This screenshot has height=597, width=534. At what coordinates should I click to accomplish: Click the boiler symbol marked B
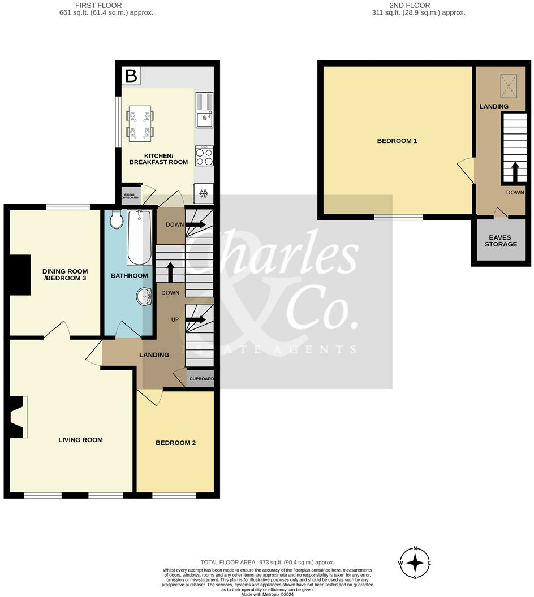tap(131, 76)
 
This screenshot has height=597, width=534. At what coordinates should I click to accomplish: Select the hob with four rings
tap(204, 156)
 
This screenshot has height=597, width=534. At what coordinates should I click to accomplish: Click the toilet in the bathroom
tap(117, 220)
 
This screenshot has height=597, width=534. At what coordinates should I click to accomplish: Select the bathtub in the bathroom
tap(139, 237)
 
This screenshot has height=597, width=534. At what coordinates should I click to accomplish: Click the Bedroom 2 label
tap(175, 443)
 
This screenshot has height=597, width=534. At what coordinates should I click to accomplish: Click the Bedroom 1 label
tap(397, 141)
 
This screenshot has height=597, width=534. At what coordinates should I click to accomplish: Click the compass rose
tap(416, 563)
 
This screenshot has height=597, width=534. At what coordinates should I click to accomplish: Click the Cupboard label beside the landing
tap(201, 379)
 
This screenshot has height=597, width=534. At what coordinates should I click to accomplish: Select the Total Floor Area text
tap(267, 563)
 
